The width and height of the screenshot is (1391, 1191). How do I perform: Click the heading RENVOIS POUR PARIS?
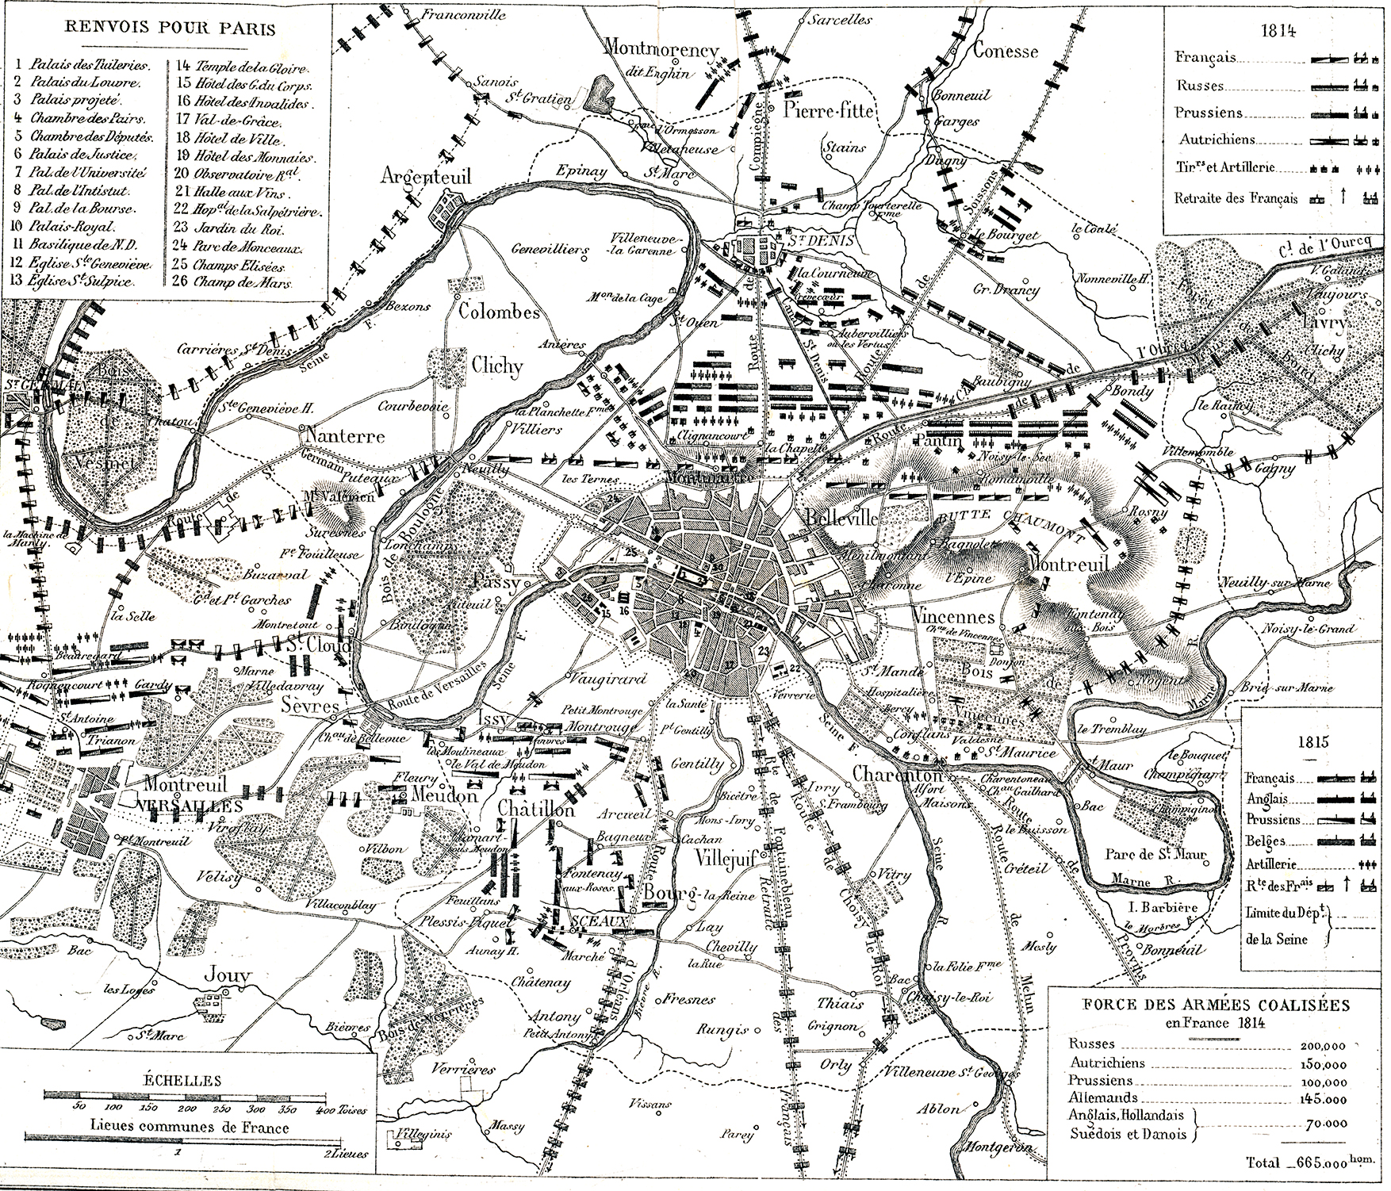[171, 30]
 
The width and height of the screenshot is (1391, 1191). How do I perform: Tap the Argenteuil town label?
[425, 176]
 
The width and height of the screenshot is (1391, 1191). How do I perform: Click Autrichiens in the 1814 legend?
[1217, 140]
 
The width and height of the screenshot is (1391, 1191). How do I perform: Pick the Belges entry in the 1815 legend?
[1265, 841]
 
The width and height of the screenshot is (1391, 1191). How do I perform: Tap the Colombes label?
[499, 312]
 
